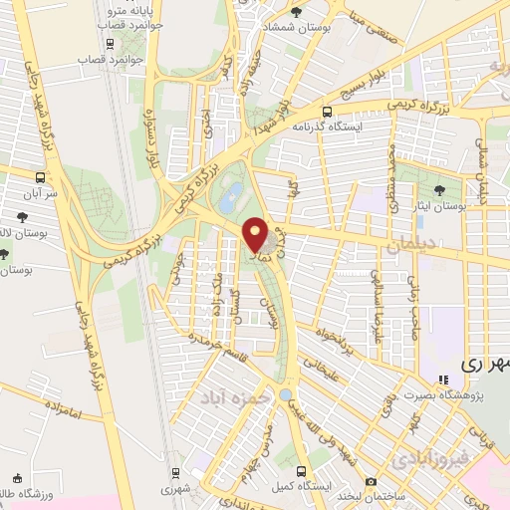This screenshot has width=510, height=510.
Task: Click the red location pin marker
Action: (x=254, y=235)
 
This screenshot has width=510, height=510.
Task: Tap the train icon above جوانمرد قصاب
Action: (x=110, y=43)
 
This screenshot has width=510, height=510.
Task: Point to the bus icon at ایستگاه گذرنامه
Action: (x=328, y=113)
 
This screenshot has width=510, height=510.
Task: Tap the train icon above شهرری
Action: (x=175, y=473)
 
